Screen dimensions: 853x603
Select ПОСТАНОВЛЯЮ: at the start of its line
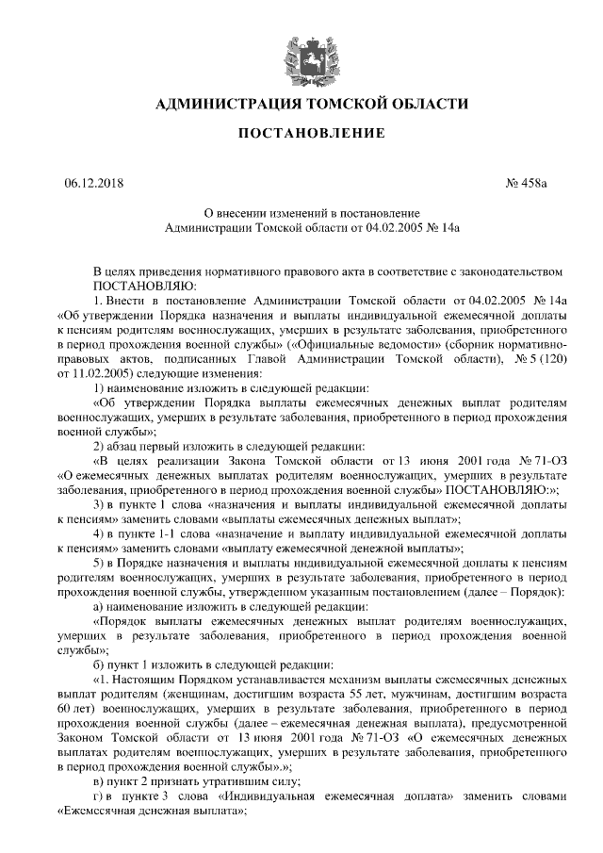(143, 284)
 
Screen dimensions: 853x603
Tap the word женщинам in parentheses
(155, 693)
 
